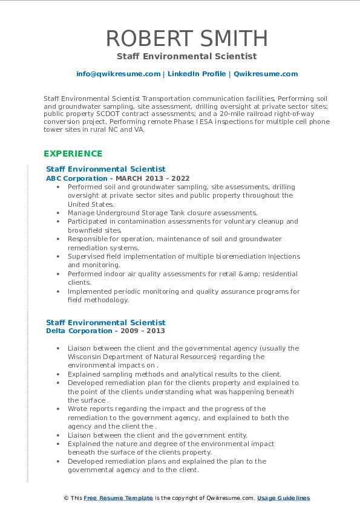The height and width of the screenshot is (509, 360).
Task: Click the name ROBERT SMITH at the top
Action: point(187,37)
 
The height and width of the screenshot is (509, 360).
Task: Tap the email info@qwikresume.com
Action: point(118,74)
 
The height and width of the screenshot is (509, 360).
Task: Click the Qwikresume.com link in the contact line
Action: point(266,74)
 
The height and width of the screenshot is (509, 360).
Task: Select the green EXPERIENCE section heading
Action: point(73,154)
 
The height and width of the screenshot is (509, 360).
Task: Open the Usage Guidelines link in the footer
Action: point(283,498)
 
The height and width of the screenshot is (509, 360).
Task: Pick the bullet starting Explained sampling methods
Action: point(174,374)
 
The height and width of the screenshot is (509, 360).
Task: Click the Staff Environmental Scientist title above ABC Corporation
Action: point(106,169)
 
